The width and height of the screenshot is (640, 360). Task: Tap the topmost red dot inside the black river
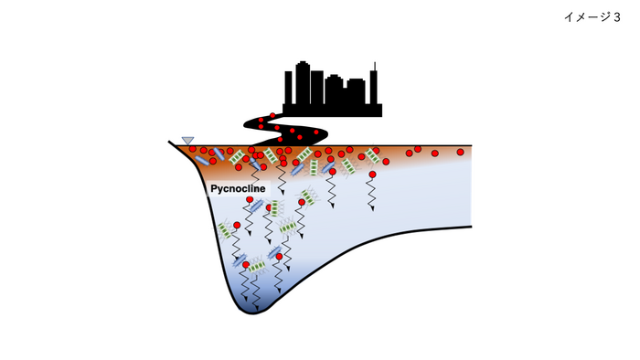click(272, 115)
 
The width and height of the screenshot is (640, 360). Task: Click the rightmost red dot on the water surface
click(460, 152)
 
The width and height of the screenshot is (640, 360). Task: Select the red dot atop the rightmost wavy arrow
click(372, 174)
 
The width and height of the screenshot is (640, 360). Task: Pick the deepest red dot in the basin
click(246, 265)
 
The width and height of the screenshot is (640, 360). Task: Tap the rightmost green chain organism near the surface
click(372, 156)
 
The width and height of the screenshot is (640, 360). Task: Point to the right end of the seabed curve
click(471, 226)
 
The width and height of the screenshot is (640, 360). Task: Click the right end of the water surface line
click(471, 145)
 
